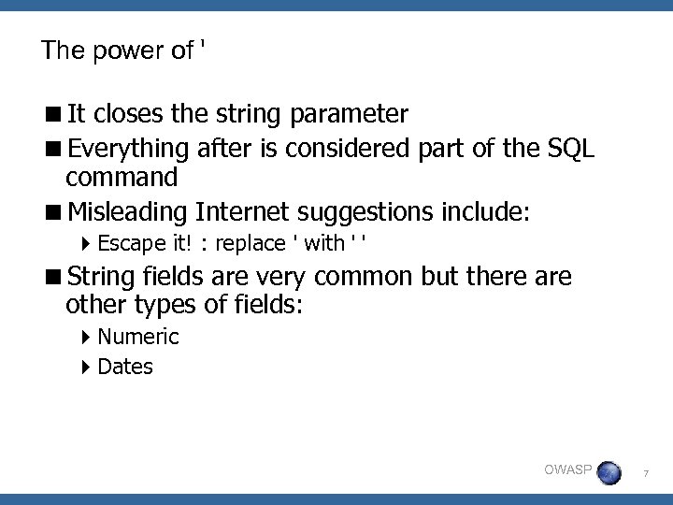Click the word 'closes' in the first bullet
(131, 114)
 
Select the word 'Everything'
(130, 147)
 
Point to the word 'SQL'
(571, 147)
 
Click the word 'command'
(122, 177)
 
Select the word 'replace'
(250, 245)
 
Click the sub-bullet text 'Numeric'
(137, 337)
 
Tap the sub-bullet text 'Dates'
(124, 367)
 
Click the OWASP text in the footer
(567, 469)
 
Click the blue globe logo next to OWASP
(609, 471)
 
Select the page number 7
(645, 475)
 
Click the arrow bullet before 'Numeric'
(86, 337)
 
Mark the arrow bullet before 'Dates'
(86, 367)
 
